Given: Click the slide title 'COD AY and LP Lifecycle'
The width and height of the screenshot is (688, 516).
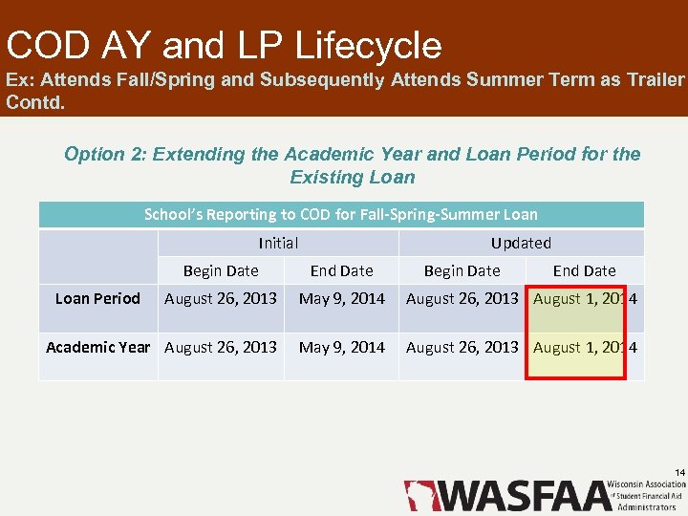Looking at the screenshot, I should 224,45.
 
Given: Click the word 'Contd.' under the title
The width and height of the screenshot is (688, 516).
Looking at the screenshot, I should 35,101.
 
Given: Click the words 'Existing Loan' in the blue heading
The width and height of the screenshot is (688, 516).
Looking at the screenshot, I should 353,177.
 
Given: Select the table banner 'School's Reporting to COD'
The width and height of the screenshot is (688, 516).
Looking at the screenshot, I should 341,215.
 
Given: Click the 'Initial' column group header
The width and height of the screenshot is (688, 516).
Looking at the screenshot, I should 278,244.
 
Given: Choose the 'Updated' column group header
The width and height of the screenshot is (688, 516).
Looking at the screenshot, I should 521,244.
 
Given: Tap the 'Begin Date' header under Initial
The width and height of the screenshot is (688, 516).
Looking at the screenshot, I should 221,271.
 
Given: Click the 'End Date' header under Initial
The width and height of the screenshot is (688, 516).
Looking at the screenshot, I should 341,271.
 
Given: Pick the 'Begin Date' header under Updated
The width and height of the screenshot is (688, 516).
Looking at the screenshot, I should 462,271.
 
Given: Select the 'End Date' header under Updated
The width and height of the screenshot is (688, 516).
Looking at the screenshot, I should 584,271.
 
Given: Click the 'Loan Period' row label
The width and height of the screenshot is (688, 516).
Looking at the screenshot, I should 97,299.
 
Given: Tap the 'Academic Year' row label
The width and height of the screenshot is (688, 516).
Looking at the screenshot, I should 97,347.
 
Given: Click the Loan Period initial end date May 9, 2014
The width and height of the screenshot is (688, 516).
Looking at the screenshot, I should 341,299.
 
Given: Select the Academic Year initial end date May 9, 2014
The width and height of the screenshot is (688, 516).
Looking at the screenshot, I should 341,347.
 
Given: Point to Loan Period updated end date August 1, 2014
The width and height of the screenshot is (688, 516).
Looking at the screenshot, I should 585,299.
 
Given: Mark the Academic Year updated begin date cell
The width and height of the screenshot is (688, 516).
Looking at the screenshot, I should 462,347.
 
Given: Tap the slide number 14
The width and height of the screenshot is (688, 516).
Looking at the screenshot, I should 679,473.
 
